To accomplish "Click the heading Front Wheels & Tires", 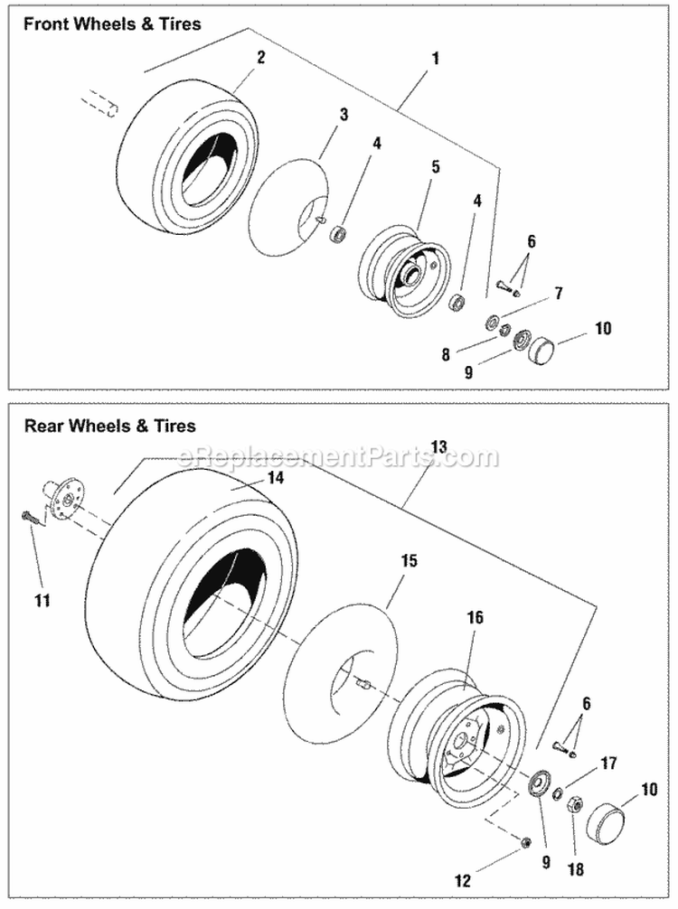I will (112, 25).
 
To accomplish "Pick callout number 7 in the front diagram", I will (559, 294).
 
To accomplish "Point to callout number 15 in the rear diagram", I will (408, 561).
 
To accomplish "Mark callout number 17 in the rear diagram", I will (608, 764).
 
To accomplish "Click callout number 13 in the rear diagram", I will (438, 446).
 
